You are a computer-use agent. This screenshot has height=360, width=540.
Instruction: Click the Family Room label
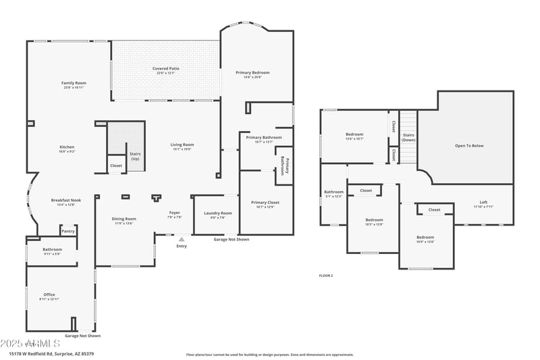74,83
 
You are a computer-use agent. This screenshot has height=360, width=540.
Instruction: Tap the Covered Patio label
165,69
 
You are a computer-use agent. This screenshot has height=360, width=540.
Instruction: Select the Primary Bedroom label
252,73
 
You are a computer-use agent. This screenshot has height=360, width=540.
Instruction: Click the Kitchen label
67,147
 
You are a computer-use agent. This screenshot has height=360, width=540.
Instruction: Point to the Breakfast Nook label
66,200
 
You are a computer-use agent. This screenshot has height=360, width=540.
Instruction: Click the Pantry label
68,231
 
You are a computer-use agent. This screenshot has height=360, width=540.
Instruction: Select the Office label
49,294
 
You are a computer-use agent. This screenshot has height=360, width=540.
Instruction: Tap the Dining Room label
124,219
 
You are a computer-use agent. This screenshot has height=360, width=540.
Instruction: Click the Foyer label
174,213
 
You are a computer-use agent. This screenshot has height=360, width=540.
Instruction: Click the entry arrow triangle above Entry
181,239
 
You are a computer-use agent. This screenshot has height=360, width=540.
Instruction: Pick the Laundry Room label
217,213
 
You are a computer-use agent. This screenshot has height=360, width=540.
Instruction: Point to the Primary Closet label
265,203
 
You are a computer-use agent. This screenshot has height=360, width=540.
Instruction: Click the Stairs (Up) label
135,156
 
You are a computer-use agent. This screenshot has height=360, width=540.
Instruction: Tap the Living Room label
182,145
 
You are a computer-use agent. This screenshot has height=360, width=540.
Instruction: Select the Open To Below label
469,146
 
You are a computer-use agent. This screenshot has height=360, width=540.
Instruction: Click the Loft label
483,203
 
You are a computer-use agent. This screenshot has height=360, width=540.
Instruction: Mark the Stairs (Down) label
408,137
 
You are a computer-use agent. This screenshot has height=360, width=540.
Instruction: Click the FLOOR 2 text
326,276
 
